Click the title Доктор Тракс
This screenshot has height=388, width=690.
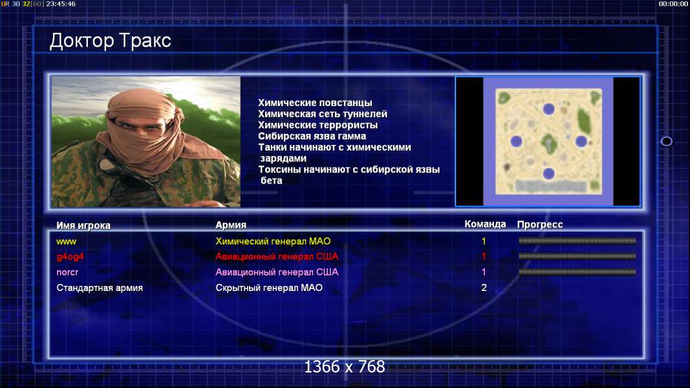tap(110, 41)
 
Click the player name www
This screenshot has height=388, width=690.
tap(67, 241)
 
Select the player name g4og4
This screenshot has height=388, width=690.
tap(70, 257)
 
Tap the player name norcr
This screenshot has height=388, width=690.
tap(67, 272)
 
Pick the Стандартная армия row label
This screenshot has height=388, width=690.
tap(100, 288)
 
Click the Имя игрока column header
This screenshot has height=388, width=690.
tap(83, 225)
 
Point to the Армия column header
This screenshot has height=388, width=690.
tap(231, 225)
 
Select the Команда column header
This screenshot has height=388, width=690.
tap(485, 224)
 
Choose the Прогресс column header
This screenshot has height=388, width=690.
tap(540, 224)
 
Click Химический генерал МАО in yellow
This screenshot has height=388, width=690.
tap(273, 241)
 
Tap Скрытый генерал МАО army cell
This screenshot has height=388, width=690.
tap(269, 288)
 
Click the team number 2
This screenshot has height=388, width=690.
tap(484, 288)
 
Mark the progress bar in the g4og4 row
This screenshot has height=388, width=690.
tap(577, 256)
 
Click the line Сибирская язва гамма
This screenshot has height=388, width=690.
tap(312, 136)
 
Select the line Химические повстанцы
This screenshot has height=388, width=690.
tap(315, 103)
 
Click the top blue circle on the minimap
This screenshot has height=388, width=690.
tap(548, 109)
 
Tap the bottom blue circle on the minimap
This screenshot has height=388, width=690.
tap(548, 174)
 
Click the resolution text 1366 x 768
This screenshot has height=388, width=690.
tap(345, 367)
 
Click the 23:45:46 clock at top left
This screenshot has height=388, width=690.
tap(61, 4)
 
